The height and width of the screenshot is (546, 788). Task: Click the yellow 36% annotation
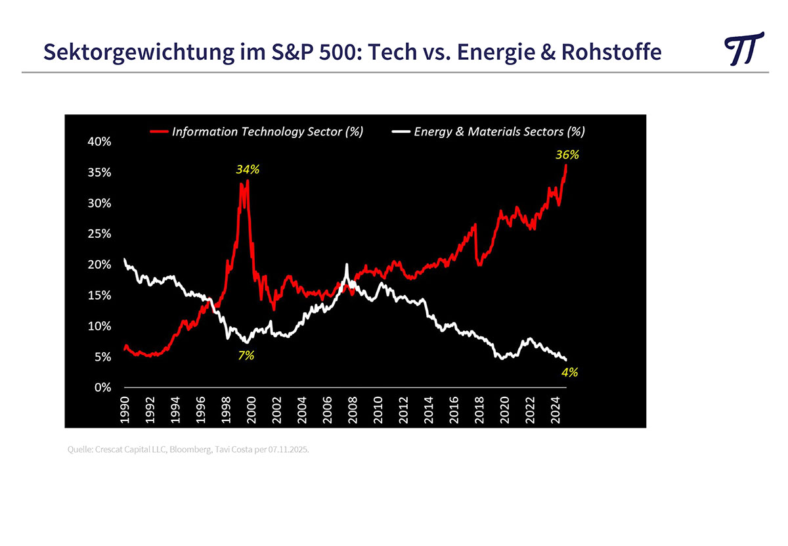[567, 155]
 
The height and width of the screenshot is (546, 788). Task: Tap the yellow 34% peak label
[248, 170]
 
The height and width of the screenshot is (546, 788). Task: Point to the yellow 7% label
[246, 355]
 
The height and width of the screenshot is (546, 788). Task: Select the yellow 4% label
[569, 372]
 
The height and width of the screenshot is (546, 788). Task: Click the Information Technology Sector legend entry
[257, 131]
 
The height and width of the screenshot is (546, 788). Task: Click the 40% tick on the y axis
[100, 142]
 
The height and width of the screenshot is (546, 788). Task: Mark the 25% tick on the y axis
[100, 234]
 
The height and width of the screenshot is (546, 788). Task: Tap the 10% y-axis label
[100, 327]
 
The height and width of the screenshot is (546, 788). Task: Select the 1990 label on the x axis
[125, 409]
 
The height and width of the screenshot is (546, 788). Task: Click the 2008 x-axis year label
[353, 409]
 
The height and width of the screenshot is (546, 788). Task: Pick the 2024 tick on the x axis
[555, 409]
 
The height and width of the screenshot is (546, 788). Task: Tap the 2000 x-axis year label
[252, 409]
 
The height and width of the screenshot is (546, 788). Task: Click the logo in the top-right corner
[744, 49]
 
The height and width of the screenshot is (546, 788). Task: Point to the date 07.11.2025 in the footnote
[288, 451]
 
